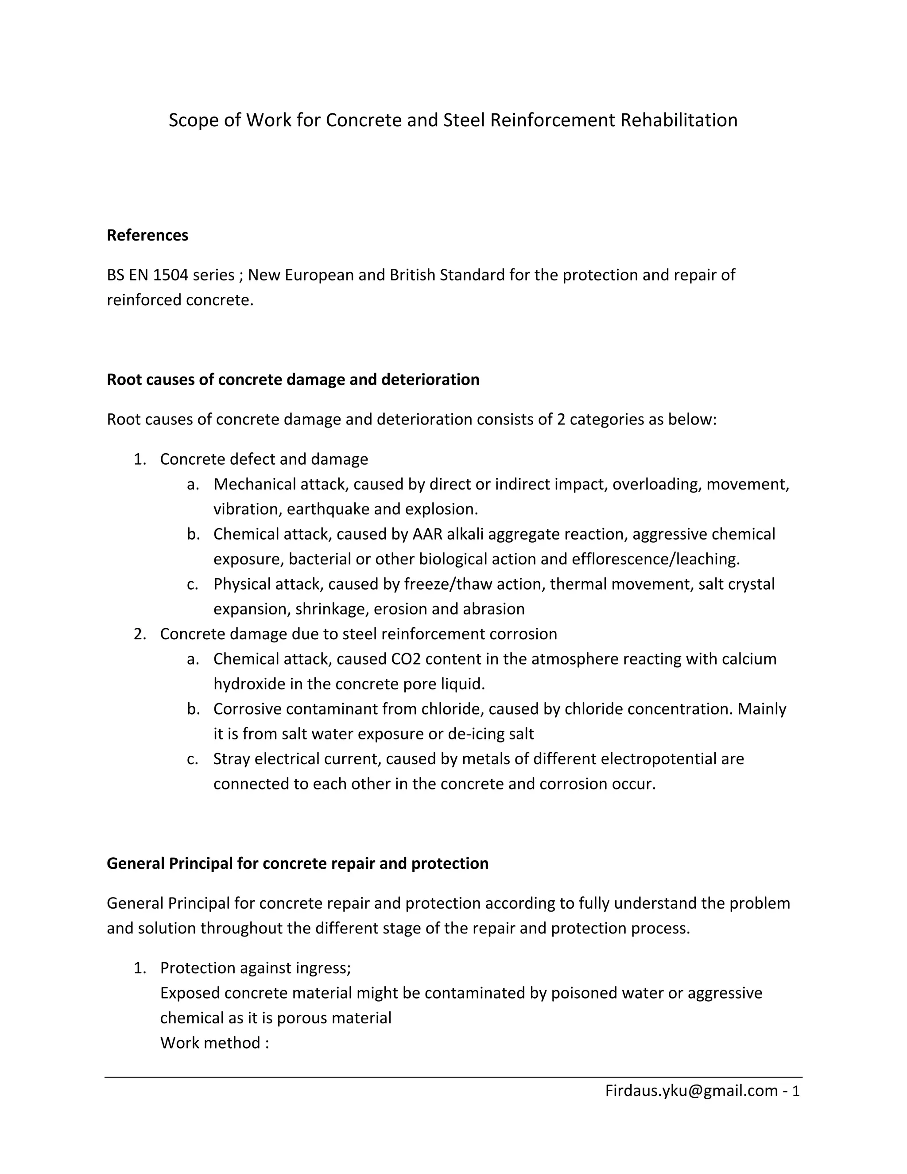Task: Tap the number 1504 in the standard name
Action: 171,275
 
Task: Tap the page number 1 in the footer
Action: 796,1090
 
